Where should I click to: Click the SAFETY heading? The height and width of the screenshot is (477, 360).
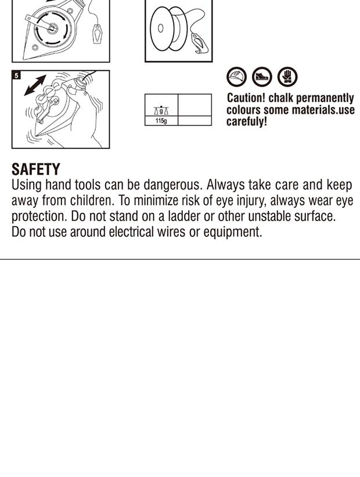pyautogui.click(x=36, y=169)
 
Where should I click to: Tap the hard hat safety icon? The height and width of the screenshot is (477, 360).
pyautogui.click(x=236, y=77)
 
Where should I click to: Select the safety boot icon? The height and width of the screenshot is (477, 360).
pyautogui.click(x=262, y=77)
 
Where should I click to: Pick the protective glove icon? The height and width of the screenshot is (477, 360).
pyautogui.click(x=287, y=77)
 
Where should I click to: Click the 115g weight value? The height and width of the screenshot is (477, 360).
pyautogui.click(x=161, y=121)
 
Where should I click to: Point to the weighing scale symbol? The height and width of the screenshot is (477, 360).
pyautogui.click(x=161, y=110)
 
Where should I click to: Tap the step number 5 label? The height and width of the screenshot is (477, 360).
pyautogui.click(x=16, y=75)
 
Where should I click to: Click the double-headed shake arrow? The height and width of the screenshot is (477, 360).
pyautogui.click(x=35, y=85)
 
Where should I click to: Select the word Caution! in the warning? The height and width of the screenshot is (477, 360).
pyautogui.click(x=246, y=98)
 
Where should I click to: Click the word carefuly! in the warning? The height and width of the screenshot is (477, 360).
pyautogui.click(x=247, y=121)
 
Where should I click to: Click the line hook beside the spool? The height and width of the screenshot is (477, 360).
pyautogui.click(x=199, y=44)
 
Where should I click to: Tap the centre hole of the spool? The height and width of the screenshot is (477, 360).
pyautogui.click(x=160, y=28)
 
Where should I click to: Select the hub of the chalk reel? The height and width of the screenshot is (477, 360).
pyautogui.click(x=52, y=28)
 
